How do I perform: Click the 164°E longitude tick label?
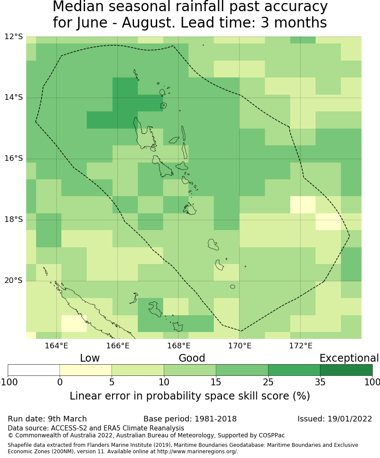tap(57, 345)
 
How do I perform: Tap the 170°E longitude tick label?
tap(240, 345)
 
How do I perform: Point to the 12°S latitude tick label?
tap(14, 37)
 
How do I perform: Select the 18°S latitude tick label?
tap(14, 220)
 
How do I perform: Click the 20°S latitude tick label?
tap(14, 281)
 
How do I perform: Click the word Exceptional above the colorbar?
tap(349, 358)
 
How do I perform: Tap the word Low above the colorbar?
tap(90, 358)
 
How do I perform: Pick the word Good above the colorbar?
tap(192, 358)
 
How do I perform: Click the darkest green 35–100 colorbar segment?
tap(346, 370)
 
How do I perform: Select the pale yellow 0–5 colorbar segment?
tap(85, 370)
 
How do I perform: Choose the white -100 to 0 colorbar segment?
tap(34, 370)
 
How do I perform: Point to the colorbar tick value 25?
tap(268, 382)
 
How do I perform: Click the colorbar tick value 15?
tap(216, 382)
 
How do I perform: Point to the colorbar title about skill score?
tap(190, 396)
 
